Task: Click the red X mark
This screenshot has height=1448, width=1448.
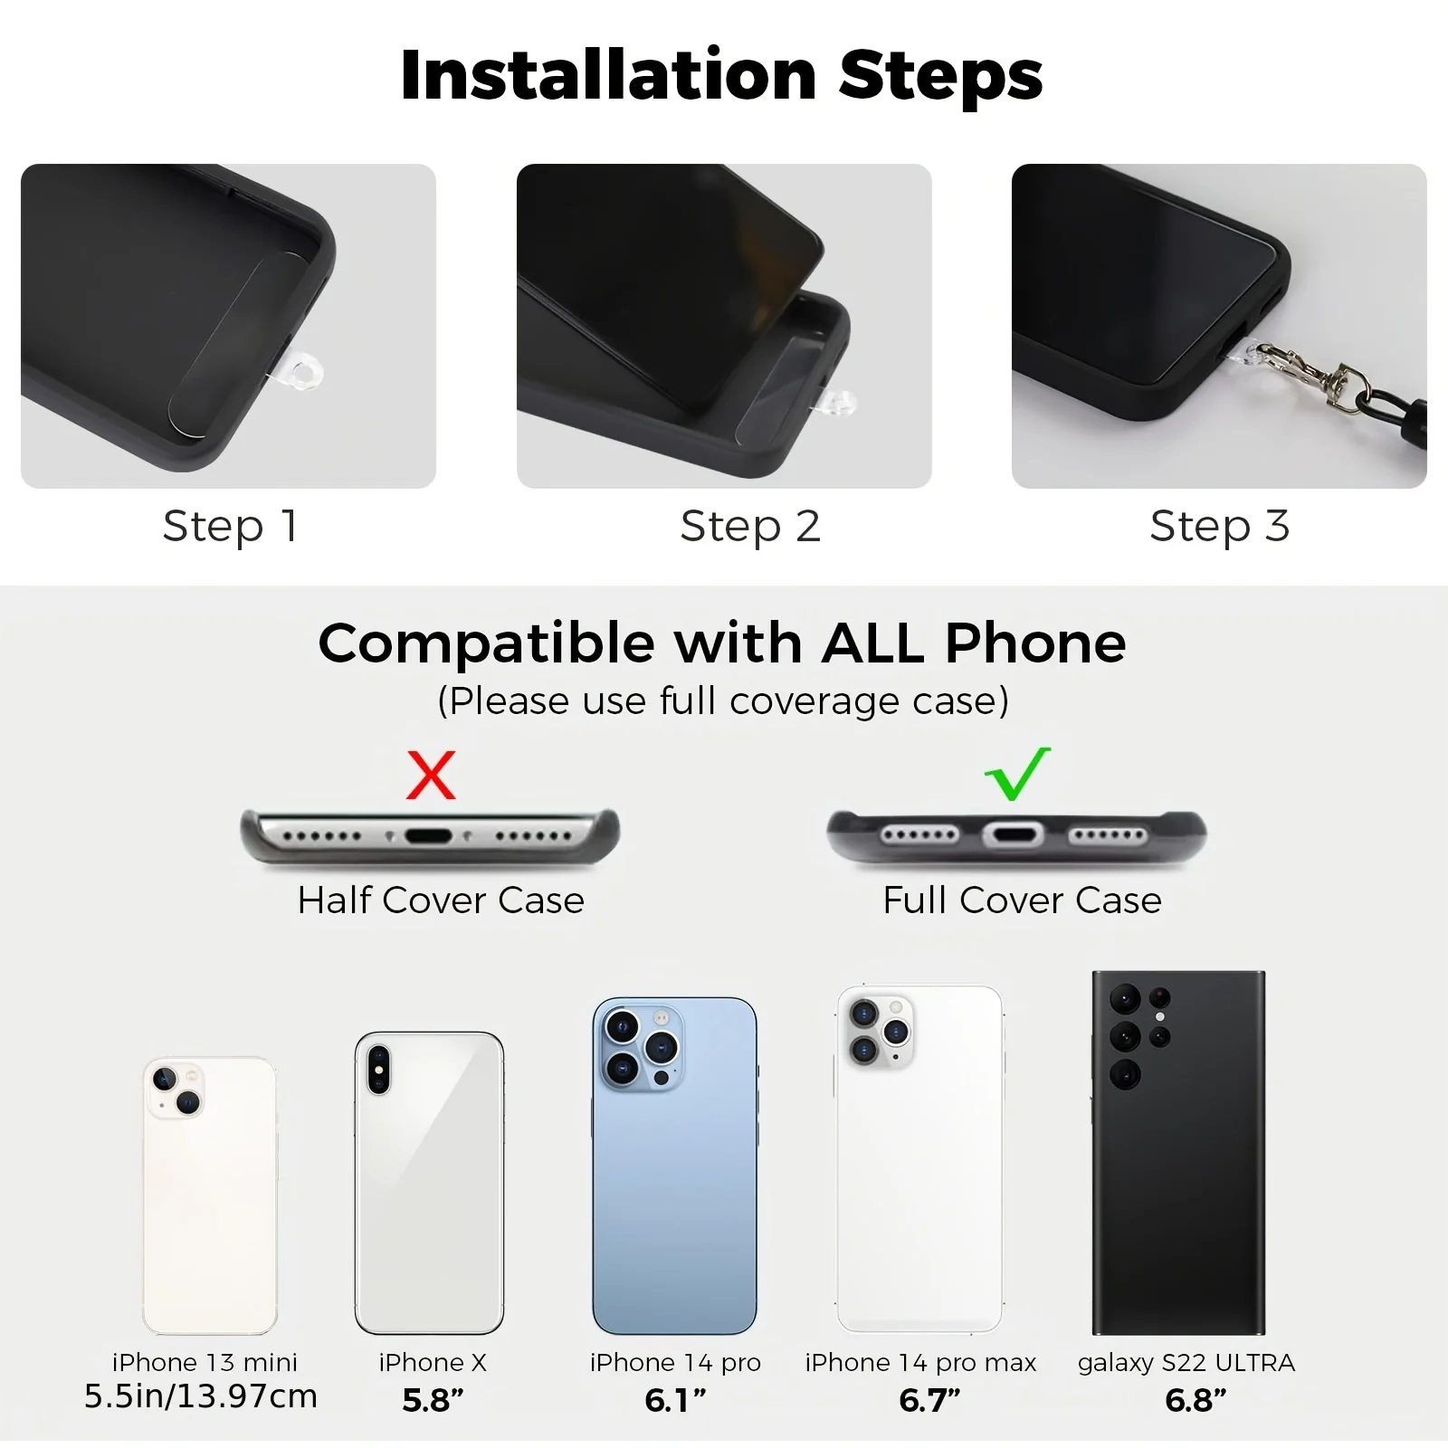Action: pos(430,775)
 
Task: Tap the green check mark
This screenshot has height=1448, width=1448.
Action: pos(1017,775)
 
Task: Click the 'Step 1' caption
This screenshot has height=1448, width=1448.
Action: pos(230,527)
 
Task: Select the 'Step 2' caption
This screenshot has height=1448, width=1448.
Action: pos(750,527)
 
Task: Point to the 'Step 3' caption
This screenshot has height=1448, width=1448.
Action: pos(1219,527)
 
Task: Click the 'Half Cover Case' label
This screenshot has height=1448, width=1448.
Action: pos(441,900)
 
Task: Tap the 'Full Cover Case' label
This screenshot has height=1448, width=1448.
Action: pos(1022,900)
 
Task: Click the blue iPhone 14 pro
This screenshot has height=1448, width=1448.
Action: pos(674,1166)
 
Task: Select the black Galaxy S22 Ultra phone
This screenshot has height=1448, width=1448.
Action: pos(1178,1152)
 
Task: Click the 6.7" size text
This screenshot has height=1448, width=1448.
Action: pos(929,1400)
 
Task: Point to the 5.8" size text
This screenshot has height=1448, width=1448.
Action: pos(433,1400)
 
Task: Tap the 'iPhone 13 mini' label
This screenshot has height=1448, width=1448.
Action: pos(205,1362)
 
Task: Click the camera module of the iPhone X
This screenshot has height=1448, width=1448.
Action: pos(377,1069)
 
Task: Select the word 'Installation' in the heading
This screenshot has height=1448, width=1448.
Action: pos(608,75)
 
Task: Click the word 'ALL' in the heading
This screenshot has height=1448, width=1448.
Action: pos(872,643)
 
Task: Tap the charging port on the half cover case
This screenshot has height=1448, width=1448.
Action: pos(428,835)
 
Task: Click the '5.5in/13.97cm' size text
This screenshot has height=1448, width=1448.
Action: pos(201,1396)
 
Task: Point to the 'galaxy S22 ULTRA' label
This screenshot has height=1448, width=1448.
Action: pos(1186,1363)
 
